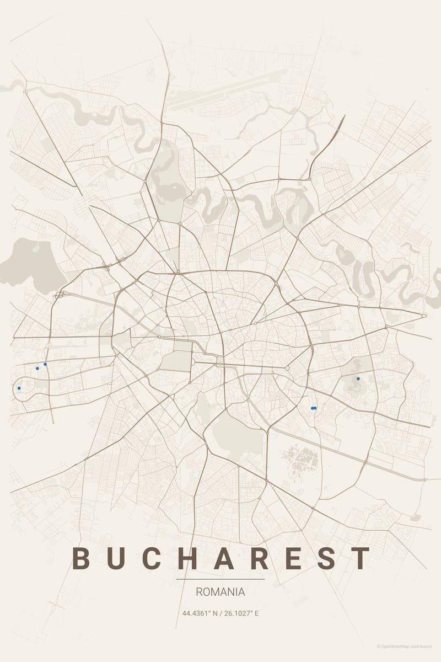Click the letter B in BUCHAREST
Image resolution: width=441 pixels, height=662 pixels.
(x=81, y=558)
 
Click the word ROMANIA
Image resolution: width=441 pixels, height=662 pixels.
(x=220, y=592)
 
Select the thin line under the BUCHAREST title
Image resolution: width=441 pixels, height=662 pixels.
(x=220, y=579)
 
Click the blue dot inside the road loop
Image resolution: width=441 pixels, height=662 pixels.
(x=19, y=388)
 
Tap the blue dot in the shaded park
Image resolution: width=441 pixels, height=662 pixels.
(x=358, y=378)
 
